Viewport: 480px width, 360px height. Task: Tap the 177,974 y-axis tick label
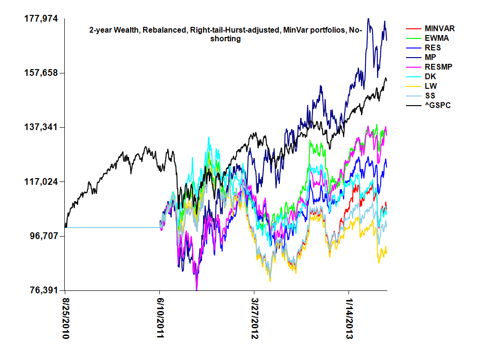pos(41,19)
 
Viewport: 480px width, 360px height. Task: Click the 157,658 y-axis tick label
pos(41,73)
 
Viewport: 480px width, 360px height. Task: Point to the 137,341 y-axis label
pos(41,127)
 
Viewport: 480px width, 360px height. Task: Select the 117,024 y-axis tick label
pos(41,182)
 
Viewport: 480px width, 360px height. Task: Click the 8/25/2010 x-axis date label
pos(66,319)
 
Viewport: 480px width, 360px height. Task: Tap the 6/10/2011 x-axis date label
pos(160,319)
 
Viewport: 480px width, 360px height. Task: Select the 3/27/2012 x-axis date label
pos(254,319)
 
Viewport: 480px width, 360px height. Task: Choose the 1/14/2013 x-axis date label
pos(349,319)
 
